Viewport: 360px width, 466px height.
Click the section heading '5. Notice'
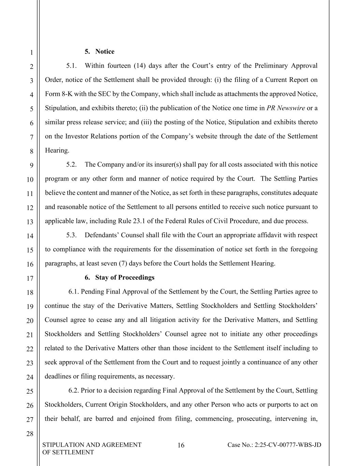point(100,52)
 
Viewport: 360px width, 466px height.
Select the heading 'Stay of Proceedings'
point(125,278)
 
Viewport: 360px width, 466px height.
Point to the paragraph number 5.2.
point(72,165)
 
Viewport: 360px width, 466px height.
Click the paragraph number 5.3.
point(72,235)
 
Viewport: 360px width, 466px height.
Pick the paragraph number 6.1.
point(74,292)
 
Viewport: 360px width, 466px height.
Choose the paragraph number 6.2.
point(74,391)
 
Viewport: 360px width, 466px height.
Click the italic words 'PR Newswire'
point(286,108)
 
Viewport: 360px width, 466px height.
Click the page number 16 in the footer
point(181,445)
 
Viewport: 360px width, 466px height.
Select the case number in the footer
point(274,445)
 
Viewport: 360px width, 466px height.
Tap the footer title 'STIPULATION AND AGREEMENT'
point(92,445)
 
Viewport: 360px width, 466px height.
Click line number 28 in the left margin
point(30,434)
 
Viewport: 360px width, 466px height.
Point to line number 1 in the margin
point(31,53)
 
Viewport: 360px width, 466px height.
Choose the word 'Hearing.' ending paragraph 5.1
point(57,151)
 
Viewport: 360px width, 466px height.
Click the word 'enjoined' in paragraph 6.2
point(142,419)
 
